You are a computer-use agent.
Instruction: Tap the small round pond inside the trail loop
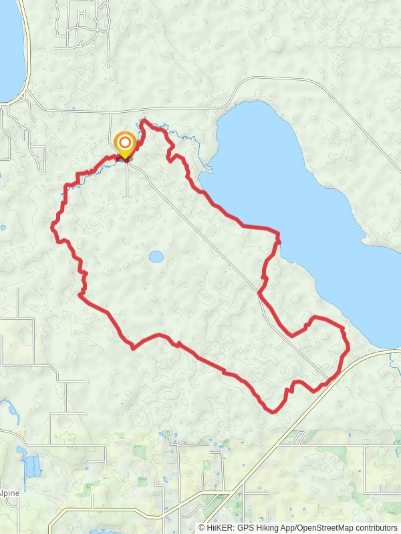coord(156,257)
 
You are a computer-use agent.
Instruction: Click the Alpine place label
coord(9,493)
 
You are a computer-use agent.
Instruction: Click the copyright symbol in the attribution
coord(202,527)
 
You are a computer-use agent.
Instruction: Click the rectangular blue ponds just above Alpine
coord(31,464)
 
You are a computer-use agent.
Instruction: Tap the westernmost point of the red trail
coord(52,227)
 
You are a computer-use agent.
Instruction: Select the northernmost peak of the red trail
coord(144,123)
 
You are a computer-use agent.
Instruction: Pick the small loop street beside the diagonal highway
coord(297,437)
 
